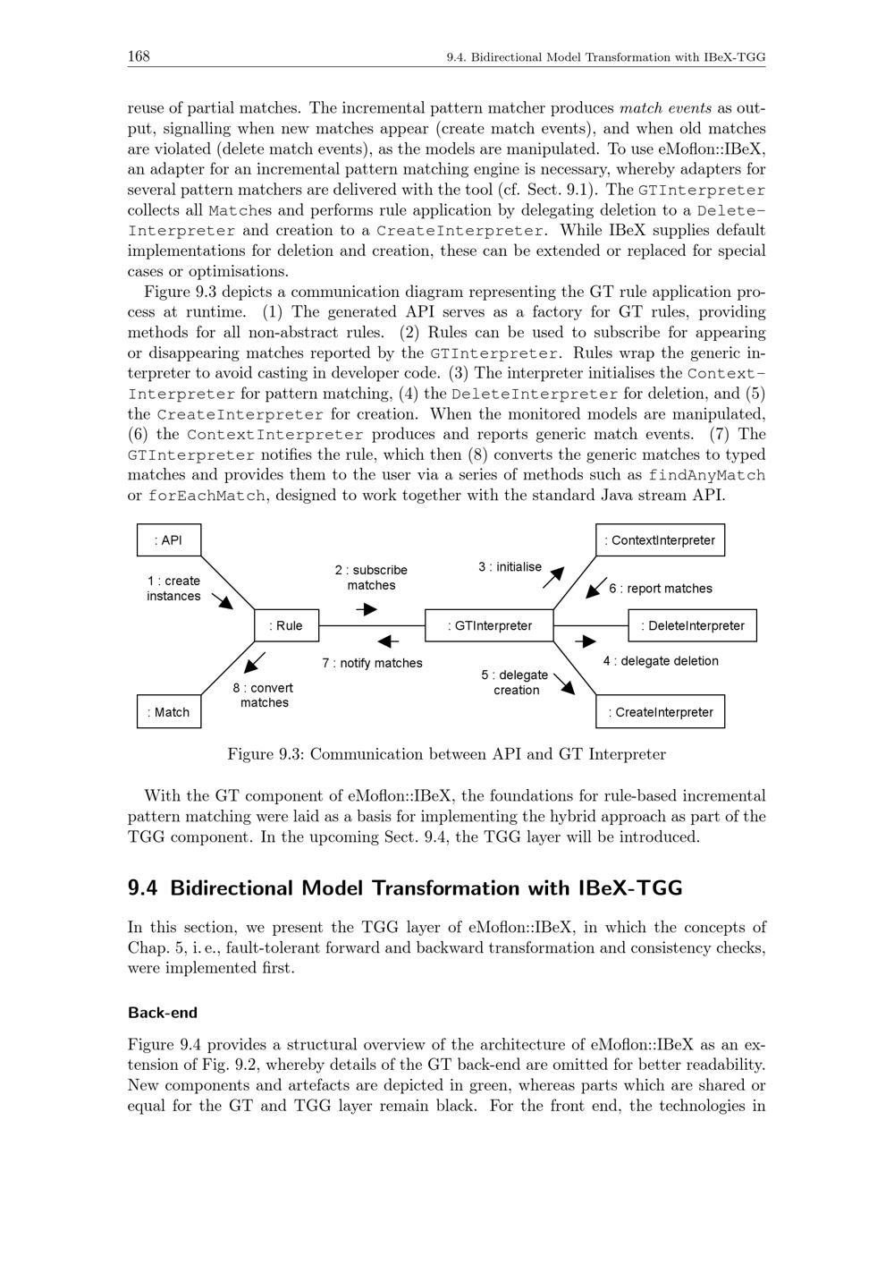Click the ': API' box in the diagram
(169, 540)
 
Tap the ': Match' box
(169, 712)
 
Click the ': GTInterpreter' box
(489, 625)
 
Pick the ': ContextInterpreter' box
(660, 540)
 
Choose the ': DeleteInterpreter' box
(692, 625)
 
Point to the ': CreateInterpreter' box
(660, 712)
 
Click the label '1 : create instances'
(173, 588)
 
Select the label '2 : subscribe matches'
(371, 577)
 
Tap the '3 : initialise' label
(510, 566)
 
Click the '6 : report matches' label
(661, 589)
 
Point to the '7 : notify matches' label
(372, 663)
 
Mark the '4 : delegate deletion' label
(660, 661)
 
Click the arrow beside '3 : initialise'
(554, 577)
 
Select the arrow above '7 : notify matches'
(388, 641)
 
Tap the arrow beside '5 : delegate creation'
(564, 684)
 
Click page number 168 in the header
(139, 57)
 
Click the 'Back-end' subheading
(163, 1013)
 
